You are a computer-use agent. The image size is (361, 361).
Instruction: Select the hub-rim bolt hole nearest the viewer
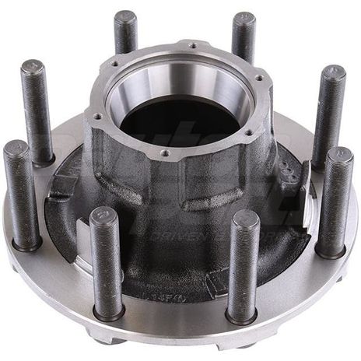[164, 153]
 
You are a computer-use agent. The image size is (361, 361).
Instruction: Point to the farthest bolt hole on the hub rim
[192, 46]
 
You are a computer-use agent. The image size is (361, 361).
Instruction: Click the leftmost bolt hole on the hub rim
[98, 117]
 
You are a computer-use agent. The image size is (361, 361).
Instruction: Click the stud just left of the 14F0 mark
[107, 261]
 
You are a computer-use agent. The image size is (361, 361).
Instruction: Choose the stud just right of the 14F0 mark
[243, 265]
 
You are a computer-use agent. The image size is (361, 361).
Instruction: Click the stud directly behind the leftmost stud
[38, 109]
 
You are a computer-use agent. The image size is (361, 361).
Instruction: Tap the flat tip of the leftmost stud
[15, 148]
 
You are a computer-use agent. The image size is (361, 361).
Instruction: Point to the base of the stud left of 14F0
[108, 310]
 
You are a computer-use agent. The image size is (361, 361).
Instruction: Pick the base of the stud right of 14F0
[242, 315]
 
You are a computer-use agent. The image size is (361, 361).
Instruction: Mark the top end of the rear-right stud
[244, 17]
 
